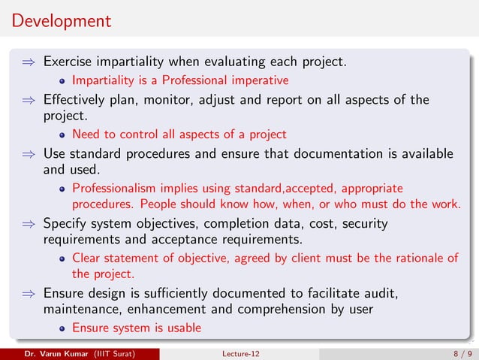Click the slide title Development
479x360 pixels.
tap(61, 20)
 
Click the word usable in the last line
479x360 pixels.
tap(184, 328)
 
